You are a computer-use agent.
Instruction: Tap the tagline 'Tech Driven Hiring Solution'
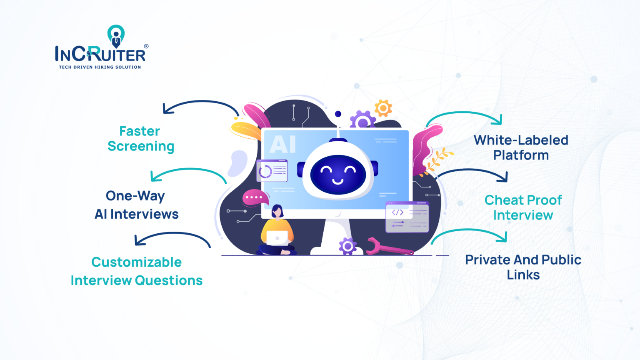100,67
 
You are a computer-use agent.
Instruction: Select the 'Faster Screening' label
140,139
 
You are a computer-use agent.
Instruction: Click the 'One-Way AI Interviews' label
136,205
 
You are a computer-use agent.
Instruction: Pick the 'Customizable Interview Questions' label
136,271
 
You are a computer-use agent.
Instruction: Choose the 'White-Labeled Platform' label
521,147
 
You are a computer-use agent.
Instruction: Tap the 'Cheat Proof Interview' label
523,207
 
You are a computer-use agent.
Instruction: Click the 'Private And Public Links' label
523,267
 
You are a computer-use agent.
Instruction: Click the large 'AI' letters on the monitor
282,145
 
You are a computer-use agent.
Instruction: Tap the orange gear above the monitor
383,108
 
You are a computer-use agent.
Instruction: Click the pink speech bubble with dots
255,197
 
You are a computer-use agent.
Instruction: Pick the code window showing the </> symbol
407,217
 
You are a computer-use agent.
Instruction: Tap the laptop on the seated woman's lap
277,238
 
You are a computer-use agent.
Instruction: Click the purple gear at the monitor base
347,246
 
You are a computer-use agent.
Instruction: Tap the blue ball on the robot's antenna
338,114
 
